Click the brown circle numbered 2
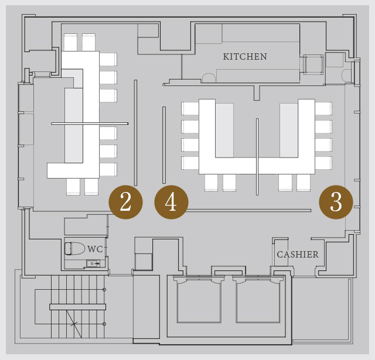coord(125,202)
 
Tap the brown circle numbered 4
coord(171,202)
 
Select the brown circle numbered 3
coord(336,202)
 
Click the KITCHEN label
coord(245,57)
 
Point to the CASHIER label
coord(298,255)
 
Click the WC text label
coord(95,249)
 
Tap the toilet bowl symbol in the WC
coord(74,249)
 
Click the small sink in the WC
coord(93,263)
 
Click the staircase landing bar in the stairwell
coord(78,307)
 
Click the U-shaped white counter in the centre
coord(257,166)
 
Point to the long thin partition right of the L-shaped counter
coord(135,133)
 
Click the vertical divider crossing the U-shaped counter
coord(257,157)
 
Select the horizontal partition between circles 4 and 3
coord(248,211)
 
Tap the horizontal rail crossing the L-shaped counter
coord(90,124)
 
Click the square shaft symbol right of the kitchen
coord(313,64)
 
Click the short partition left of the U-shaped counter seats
coord(164,145)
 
